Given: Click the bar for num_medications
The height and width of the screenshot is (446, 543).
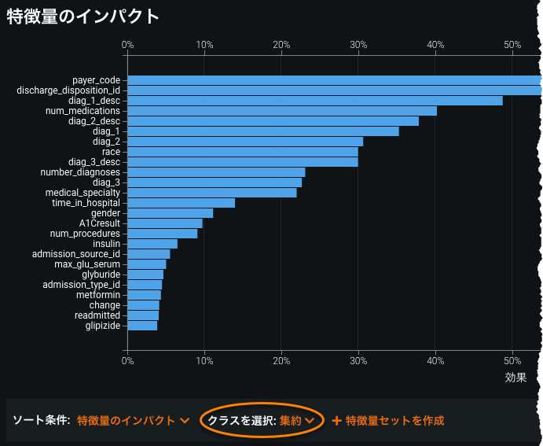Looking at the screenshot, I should coord(281,111).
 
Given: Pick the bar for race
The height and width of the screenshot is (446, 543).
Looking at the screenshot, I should coord(242,152).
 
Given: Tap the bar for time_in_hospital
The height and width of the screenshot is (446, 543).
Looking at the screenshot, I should coord(181,203).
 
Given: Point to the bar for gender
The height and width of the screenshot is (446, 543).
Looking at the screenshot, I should coord(170,213).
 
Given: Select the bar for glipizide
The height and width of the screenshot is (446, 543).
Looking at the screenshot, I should coord(142,326).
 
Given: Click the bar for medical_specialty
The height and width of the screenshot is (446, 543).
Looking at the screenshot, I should coord(211,193).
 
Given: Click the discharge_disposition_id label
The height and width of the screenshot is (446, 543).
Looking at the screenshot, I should coord(68,90).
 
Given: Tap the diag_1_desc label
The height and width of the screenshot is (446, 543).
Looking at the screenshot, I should coord(94,101).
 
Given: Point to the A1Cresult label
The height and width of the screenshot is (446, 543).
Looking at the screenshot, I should coord(100,223).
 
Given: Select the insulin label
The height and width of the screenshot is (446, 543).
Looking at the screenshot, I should coord(106,244).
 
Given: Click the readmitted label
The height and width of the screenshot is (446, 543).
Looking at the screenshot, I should coord(97,315).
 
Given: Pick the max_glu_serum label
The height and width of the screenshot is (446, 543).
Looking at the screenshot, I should coord(87,264).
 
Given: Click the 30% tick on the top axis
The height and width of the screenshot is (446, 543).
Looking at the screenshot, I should coord(358,45).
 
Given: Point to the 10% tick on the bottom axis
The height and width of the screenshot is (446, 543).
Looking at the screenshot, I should coord(204,361).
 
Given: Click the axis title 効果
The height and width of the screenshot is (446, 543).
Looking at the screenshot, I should coord(515,378).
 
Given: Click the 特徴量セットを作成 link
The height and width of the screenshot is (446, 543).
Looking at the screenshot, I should coord(388,420).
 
